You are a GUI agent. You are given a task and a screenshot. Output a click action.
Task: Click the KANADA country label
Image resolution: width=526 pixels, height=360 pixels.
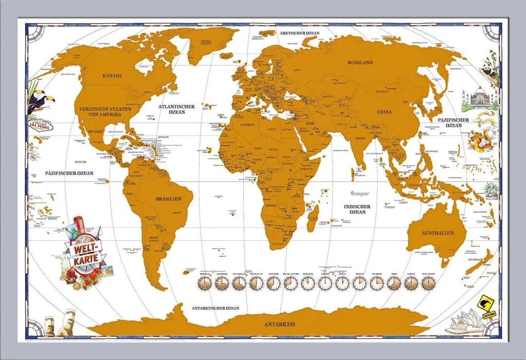point(112,75)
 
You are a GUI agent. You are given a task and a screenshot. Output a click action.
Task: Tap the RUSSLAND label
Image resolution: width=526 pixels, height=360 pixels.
point(360,63)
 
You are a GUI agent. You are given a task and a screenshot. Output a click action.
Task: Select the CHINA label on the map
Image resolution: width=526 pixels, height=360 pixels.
point(384,112)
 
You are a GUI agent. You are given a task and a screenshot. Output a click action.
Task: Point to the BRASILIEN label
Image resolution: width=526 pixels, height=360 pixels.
point(168,198)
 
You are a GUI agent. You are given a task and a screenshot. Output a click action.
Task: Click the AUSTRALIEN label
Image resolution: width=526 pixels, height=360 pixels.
point(438,233)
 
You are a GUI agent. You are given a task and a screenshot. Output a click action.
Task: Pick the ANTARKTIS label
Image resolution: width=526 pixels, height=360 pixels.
point(279,325)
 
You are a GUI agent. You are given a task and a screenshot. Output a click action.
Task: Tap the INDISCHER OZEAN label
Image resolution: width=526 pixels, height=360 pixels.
point(357,209)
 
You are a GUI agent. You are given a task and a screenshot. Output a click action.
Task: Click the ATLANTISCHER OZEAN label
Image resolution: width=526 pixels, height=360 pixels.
point(176,109)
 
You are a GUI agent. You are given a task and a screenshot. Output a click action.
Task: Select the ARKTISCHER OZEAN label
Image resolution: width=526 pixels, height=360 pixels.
point(299,33)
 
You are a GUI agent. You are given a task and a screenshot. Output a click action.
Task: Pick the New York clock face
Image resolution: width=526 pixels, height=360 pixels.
point(273,282)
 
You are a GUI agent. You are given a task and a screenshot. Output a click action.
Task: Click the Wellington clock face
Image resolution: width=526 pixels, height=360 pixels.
point(428,282)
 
